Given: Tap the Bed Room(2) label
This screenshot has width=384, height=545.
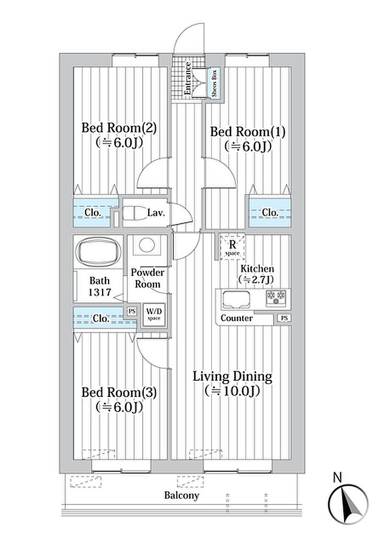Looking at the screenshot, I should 120,128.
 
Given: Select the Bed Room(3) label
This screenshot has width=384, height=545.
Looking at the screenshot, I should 120,392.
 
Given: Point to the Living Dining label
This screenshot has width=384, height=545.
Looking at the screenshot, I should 232,377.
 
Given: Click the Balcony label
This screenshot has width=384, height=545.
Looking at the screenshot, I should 182,496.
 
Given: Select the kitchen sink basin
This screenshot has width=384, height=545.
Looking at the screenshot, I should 235,300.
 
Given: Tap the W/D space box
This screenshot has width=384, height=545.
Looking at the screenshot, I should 153,315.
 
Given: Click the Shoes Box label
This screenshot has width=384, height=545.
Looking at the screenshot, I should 214,82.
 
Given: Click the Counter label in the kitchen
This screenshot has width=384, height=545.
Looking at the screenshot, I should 236,318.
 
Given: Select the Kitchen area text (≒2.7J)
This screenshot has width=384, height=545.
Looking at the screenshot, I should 256,280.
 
